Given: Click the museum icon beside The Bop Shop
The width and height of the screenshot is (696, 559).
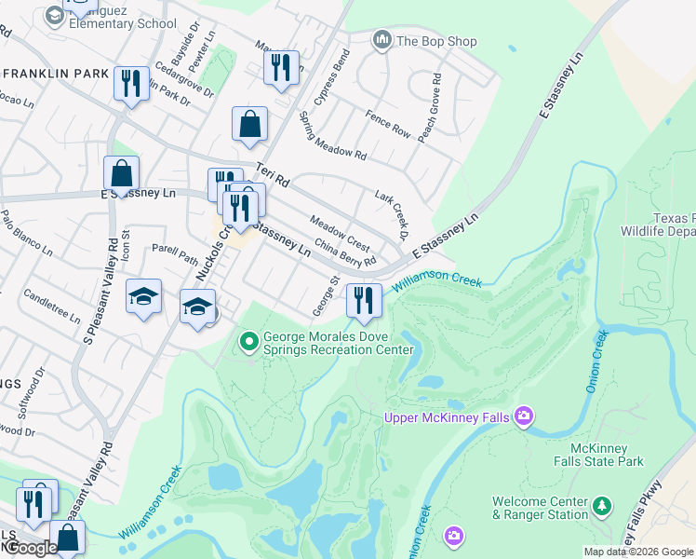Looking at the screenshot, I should (x=381, y=40).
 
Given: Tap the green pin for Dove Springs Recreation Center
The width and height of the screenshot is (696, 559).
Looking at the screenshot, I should (x=248, y=343).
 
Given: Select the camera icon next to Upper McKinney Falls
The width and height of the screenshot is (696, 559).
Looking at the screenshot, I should (x=524, y=416).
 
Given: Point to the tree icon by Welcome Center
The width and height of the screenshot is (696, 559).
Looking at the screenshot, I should (x=604, y=507).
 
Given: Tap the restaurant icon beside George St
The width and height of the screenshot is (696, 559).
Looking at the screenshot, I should (x=364, y=300).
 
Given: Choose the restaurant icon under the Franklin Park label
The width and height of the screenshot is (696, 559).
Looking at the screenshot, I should (x=131, y=84).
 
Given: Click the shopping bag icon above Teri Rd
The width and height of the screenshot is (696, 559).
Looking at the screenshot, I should (x=249, y=124).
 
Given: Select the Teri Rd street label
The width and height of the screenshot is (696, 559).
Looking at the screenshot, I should (x=274, y=172).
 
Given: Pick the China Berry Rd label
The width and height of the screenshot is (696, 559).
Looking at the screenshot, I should (x=345, y=252).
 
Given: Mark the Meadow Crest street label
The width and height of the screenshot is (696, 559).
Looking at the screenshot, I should (x=340, y=235).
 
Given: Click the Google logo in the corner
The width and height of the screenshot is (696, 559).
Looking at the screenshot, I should (x=30, y=548).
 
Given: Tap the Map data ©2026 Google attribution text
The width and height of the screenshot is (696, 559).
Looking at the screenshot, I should (x=637, y=552).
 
